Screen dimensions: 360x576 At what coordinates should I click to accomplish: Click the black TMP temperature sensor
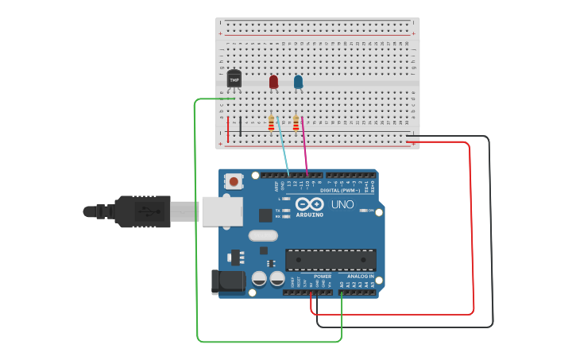tap(234, 78)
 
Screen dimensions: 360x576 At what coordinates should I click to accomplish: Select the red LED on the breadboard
tap(273, 81)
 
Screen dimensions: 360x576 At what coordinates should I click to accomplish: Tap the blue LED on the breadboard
tap(298, 81)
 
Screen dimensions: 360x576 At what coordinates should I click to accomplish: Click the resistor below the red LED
tap(271, 123)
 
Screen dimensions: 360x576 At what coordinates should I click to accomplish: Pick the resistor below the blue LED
tap(296, 123)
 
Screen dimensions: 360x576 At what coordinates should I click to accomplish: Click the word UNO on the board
tap(342, 205)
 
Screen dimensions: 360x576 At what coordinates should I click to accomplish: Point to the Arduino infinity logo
tap(309, 204)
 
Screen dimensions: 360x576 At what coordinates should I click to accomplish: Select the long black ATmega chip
tap(331, 260)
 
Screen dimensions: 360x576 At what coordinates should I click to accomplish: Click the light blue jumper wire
tap(283, 143)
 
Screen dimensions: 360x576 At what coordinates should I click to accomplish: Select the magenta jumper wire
tap(304, 143)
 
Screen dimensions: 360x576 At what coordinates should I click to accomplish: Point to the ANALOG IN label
tap(360, 277)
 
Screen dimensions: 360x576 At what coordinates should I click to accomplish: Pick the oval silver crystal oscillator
tap(263, 235)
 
